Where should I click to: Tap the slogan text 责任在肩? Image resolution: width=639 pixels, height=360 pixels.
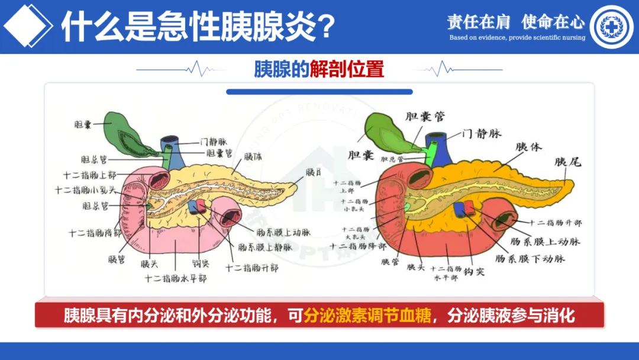pos(478,22)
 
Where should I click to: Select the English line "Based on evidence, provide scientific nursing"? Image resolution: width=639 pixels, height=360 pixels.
pos(517,37)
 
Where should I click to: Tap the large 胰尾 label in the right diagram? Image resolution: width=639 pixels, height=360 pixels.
pos(567,161)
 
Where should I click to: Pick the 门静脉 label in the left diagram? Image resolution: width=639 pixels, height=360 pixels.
pos(214,142)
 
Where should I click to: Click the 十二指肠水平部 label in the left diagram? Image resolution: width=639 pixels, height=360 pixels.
pos(176,278)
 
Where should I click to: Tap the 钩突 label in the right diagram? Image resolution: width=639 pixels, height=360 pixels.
pos(474,271)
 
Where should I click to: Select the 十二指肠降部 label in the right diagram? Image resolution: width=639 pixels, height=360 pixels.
pos(358,246)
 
